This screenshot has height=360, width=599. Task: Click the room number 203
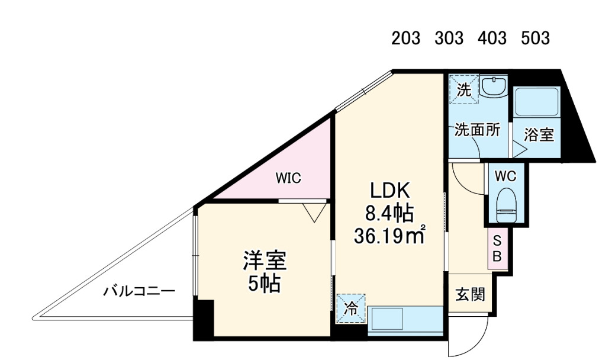click(x=405, y=38)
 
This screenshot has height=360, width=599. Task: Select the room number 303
click(x=449, y=38)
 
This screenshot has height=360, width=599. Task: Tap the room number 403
click(x=492, y=38)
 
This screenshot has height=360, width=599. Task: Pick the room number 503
click(x=535, y=38)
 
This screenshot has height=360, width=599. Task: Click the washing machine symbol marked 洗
click(x=463, y=90)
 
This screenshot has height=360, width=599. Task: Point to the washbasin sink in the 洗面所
click(x=492, y=88)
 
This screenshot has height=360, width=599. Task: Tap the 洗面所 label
click(x=476, y=131)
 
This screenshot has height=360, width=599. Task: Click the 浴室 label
click(x=539, y=134)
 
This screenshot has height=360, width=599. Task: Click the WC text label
click(x=505, y=176)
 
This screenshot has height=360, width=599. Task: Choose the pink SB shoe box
click(x=497, y=249)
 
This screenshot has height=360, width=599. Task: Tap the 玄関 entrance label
click(x=470, y=294)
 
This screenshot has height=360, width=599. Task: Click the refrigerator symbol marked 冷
click(x=351, y=308)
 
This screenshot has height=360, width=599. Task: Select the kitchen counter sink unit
click(x=405, y=320)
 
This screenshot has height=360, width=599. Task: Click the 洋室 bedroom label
click(x=264, y=260)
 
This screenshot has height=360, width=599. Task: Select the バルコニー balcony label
click(x=139, y=291)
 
